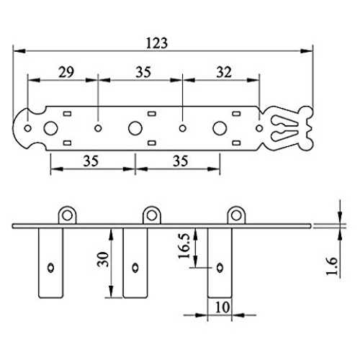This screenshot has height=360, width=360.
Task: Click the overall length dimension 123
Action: coord(157,43)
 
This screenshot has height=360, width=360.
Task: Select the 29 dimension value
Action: coord(66,72)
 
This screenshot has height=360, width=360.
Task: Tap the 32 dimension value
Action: coord(224,72)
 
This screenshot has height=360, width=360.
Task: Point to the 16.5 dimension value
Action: coord(184,246)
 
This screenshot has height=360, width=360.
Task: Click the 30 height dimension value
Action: coord(103,259)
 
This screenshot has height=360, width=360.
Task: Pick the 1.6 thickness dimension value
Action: coord(332,266)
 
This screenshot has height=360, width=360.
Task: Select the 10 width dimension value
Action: coord(222,307)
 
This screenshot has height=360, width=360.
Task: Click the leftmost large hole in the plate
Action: coord(50,128)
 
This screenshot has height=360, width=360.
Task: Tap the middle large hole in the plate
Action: coord(135,128)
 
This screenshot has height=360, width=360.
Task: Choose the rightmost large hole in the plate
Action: coord(220,128)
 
